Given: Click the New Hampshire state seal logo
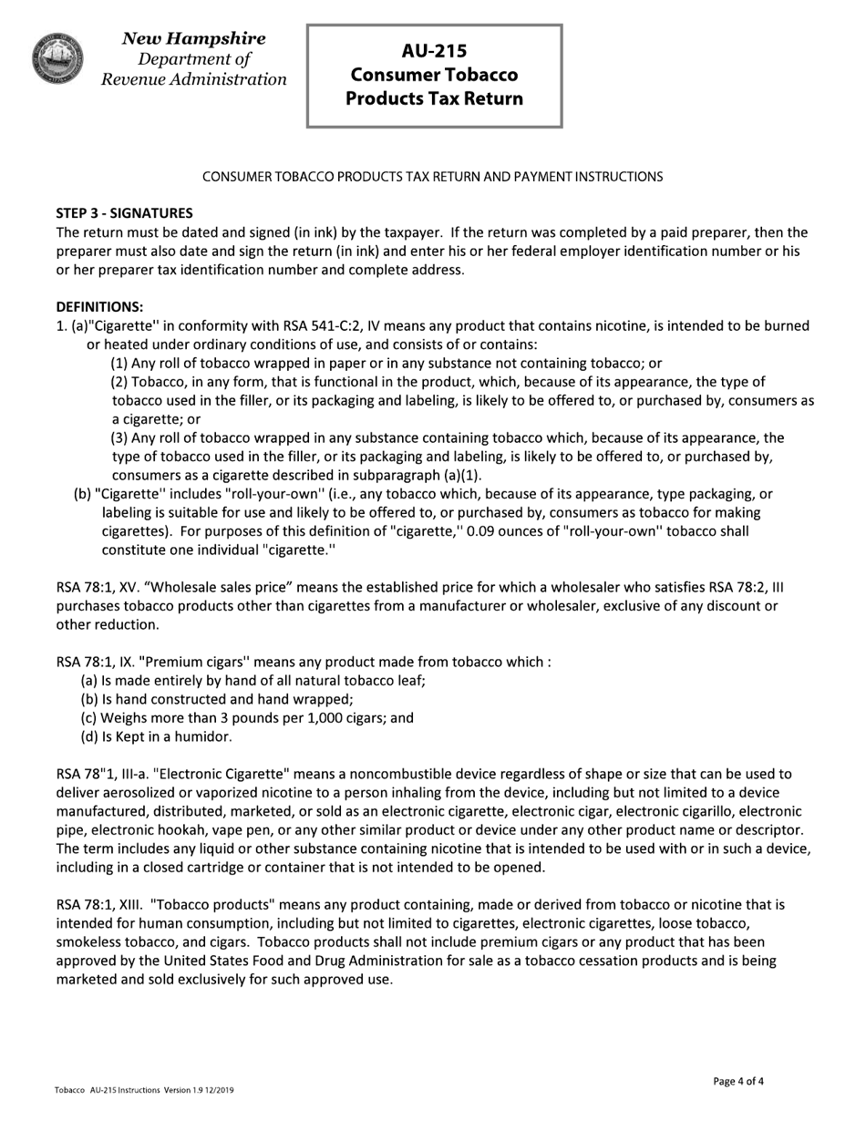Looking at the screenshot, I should pyautogui.click(x=58, y=58).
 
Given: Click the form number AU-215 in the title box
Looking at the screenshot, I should pyautogui.click(x=434, y=51).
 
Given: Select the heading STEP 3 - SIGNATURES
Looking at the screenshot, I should pyautogui.click(x=125, y=213).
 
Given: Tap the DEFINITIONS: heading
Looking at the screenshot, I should pyautogui.click(x=99, y=306).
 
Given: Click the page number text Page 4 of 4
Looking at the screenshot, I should pyautogui.click(x=738, y=1082).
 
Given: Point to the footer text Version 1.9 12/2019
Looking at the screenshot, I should pyautogui.click(x=199, y=1090).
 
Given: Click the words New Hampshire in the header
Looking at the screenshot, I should pyautogui.click(x=193, y=38).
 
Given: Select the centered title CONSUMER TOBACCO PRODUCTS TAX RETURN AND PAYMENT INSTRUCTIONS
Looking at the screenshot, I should pyautogui.click(x=432, y=176).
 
